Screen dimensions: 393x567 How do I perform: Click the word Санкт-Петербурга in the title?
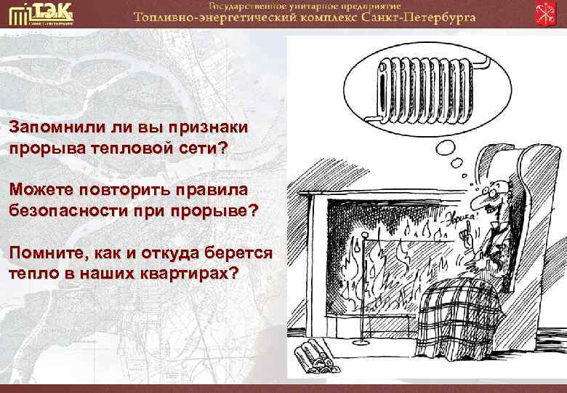pyautogui.click(x=418, y=17)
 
